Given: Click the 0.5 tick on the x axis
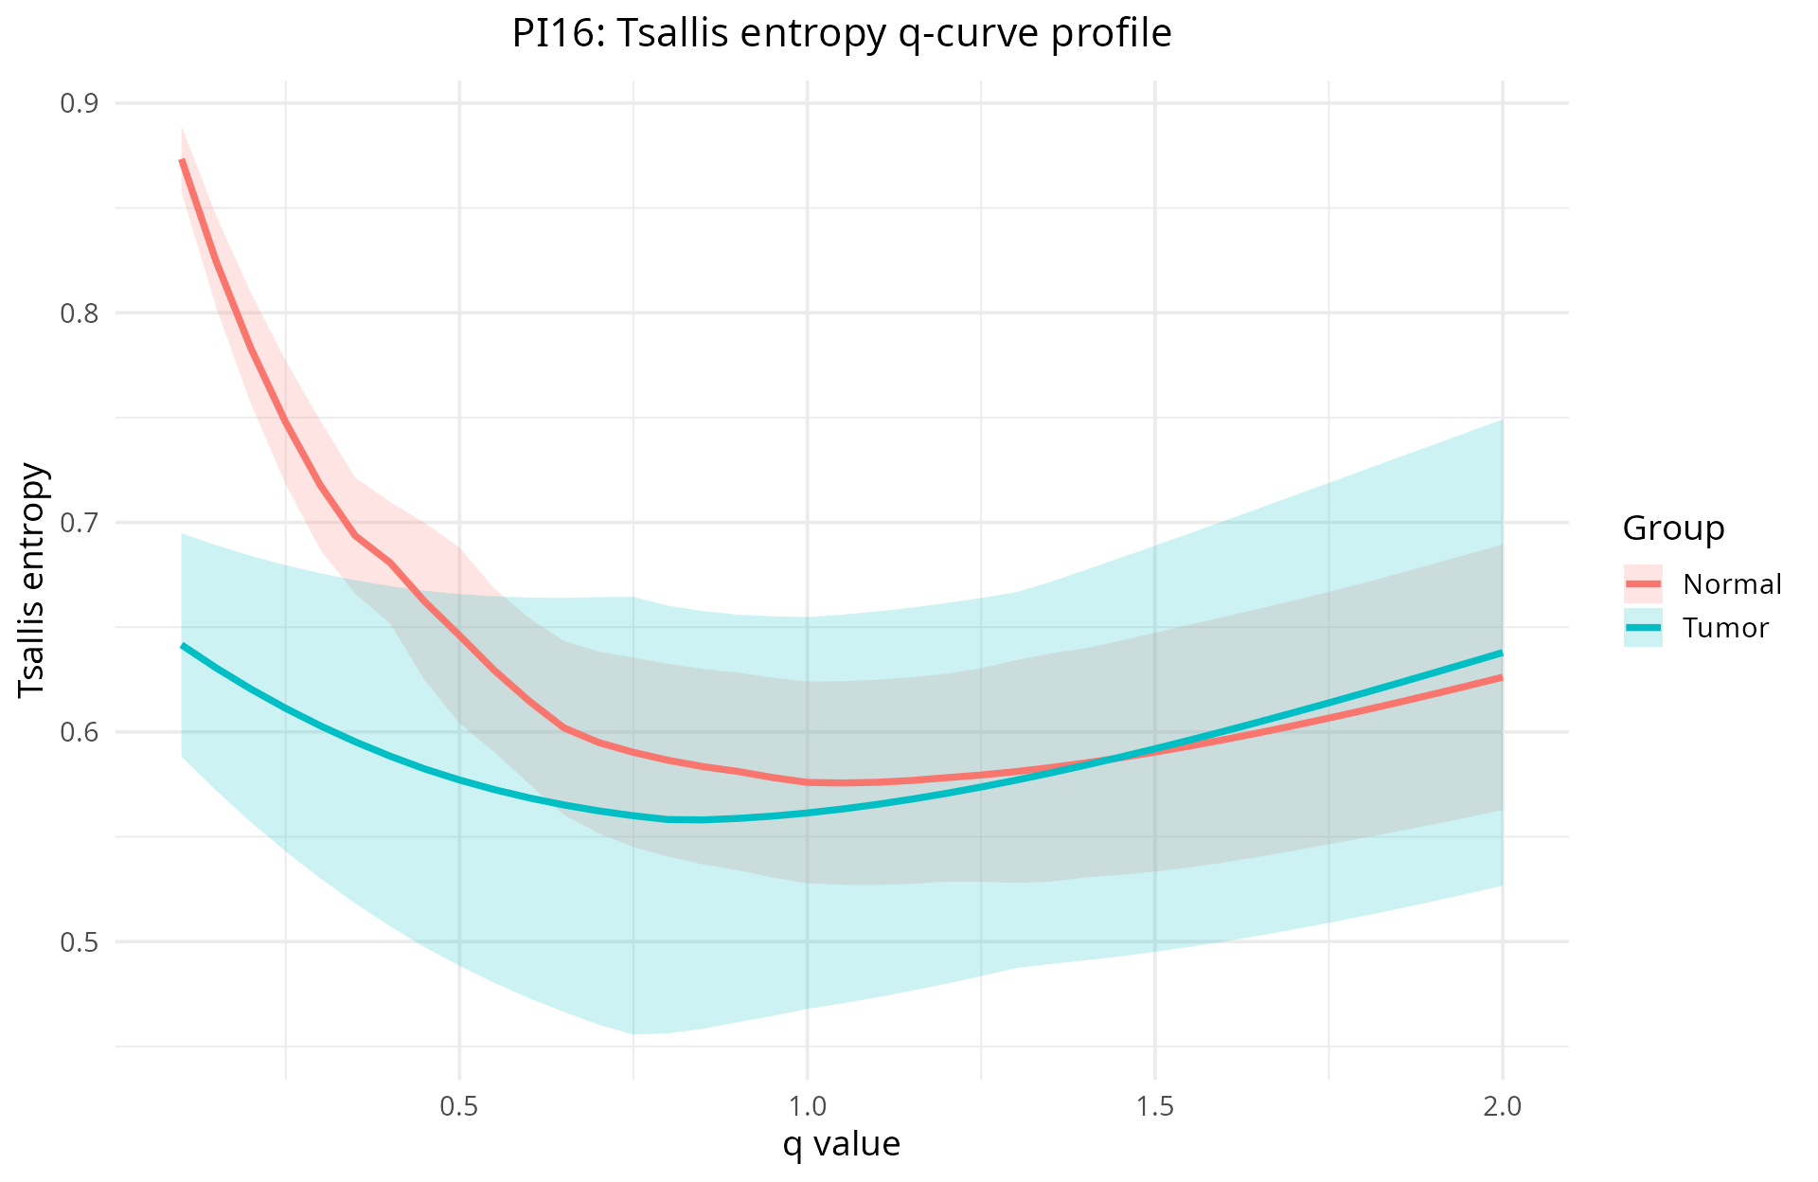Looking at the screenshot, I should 459,1106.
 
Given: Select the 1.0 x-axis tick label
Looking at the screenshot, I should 807,1106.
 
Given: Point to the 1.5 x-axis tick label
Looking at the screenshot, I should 1154,1106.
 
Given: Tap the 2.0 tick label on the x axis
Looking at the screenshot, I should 1502,1106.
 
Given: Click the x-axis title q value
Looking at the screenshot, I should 841,1144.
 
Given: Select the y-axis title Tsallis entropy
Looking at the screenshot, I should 32,580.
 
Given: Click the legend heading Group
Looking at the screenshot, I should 1673,528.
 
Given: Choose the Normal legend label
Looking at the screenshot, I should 1732,584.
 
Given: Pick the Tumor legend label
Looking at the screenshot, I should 1725,628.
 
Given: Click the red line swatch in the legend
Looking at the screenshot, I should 1643,584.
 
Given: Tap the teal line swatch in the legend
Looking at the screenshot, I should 1643,628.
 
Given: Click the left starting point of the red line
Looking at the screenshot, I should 182,161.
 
